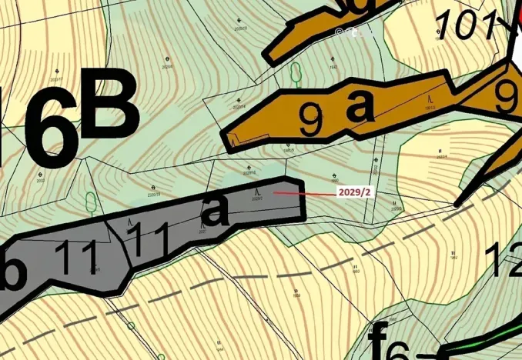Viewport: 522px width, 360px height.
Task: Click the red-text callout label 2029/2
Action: coord(354,192)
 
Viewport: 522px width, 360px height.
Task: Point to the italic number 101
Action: coord(467,25)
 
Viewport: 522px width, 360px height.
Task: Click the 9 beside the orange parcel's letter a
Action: coord(310,120)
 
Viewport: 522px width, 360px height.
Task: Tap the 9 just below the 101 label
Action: coord(507,96)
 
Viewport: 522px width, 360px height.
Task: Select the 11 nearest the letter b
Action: coord(76,258)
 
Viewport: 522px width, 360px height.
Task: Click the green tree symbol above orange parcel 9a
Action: coord(295,73)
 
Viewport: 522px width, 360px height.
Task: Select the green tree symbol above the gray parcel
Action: coord(91,202)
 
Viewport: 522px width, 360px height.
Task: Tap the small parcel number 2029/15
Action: coord(154,195)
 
